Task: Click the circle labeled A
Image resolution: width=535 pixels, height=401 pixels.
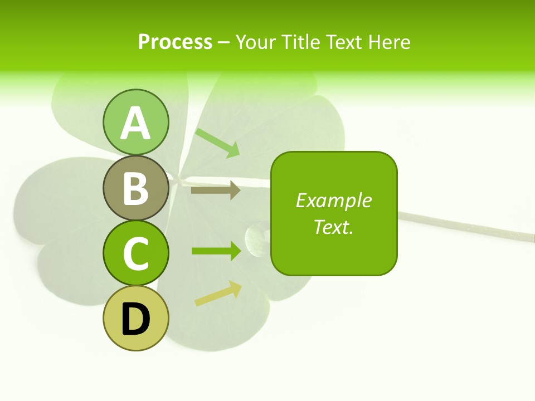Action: tap(135, 122)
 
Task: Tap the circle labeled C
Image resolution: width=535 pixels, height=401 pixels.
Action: tap(135, 252)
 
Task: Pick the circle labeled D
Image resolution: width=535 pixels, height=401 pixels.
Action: tap(135, 318)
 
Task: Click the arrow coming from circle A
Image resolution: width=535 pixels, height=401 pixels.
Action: tap(217, 142)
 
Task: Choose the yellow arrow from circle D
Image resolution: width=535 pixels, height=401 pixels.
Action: tap(218, 294)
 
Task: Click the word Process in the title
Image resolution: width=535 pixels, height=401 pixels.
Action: tap(175, 42)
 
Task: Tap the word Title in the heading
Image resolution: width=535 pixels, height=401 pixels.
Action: tap(300, 42)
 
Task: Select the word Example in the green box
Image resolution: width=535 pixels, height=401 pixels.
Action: tap(333, 200)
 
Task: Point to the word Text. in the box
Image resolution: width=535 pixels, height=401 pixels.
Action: tap(333, 227)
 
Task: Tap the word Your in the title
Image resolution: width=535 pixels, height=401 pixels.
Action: tap(256, 42)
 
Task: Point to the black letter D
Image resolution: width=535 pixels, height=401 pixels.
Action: tap(135, 319)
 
